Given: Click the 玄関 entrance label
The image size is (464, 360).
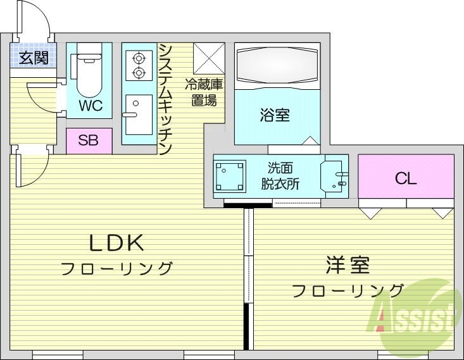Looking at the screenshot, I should click(x=34, y=59).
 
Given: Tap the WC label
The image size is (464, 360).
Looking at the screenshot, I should click(x=90, y=105).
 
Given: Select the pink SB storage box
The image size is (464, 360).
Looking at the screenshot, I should click(x=89, y=140).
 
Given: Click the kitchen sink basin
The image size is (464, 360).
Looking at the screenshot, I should click(x=138, y=114).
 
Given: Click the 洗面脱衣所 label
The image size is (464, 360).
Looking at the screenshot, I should click(x=280, y=177).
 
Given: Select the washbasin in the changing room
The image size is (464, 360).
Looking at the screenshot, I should click(x=334, y=177).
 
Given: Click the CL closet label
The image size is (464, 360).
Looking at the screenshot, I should click(x=406, y=178).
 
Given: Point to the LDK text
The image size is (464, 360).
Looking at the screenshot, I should click(x=117, y=242).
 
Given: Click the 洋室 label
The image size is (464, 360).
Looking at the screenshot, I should click(x=348, y=265).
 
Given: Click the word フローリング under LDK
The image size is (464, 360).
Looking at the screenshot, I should click(x=117, y=268).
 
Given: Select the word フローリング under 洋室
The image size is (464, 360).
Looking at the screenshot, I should click(x=348, y=290).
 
